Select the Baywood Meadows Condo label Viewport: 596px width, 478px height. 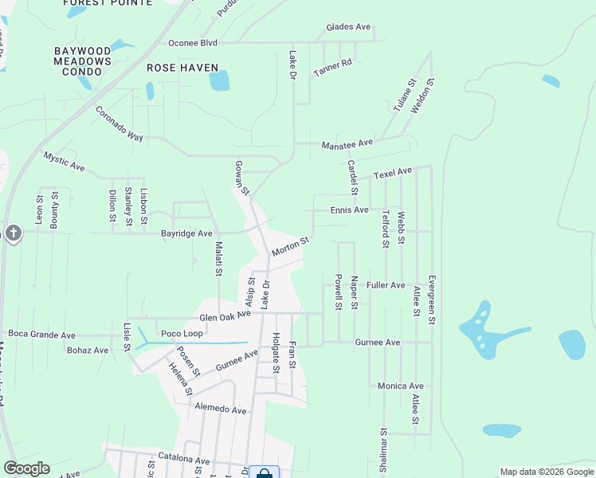[83, 61]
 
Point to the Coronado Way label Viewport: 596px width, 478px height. [120, 124]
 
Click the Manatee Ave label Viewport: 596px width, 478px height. [347, 144]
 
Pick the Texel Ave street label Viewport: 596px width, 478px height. [393, 171]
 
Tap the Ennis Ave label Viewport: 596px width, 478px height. [350, 210]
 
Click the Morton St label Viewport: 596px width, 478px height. [290, 246]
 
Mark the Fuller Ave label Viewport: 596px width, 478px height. [386, 285]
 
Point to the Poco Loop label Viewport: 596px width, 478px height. [182, 334]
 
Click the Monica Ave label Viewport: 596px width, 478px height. [402, 386]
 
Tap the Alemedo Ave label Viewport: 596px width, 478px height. [221, 409]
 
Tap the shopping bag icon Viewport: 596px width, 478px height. [264, 473]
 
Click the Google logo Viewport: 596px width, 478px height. [26, 468]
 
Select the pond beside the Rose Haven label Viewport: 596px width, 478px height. [219, 80]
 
